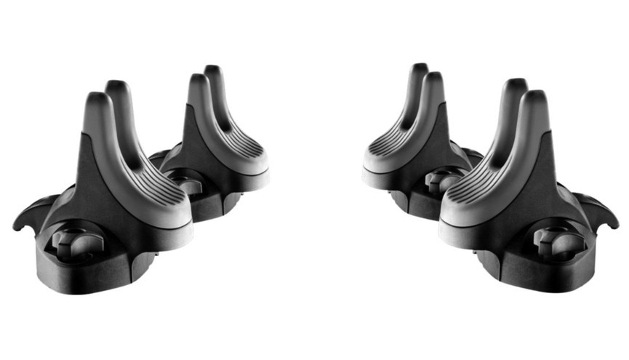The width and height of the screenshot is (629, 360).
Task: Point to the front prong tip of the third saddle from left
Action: (433, 81)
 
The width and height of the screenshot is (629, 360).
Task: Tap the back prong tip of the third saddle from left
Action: (417, 71)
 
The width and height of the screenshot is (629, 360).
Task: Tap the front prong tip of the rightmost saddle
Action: (534, 100)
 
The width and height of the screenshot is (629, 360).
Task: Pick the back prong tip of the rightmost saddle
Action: (515, 87)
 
